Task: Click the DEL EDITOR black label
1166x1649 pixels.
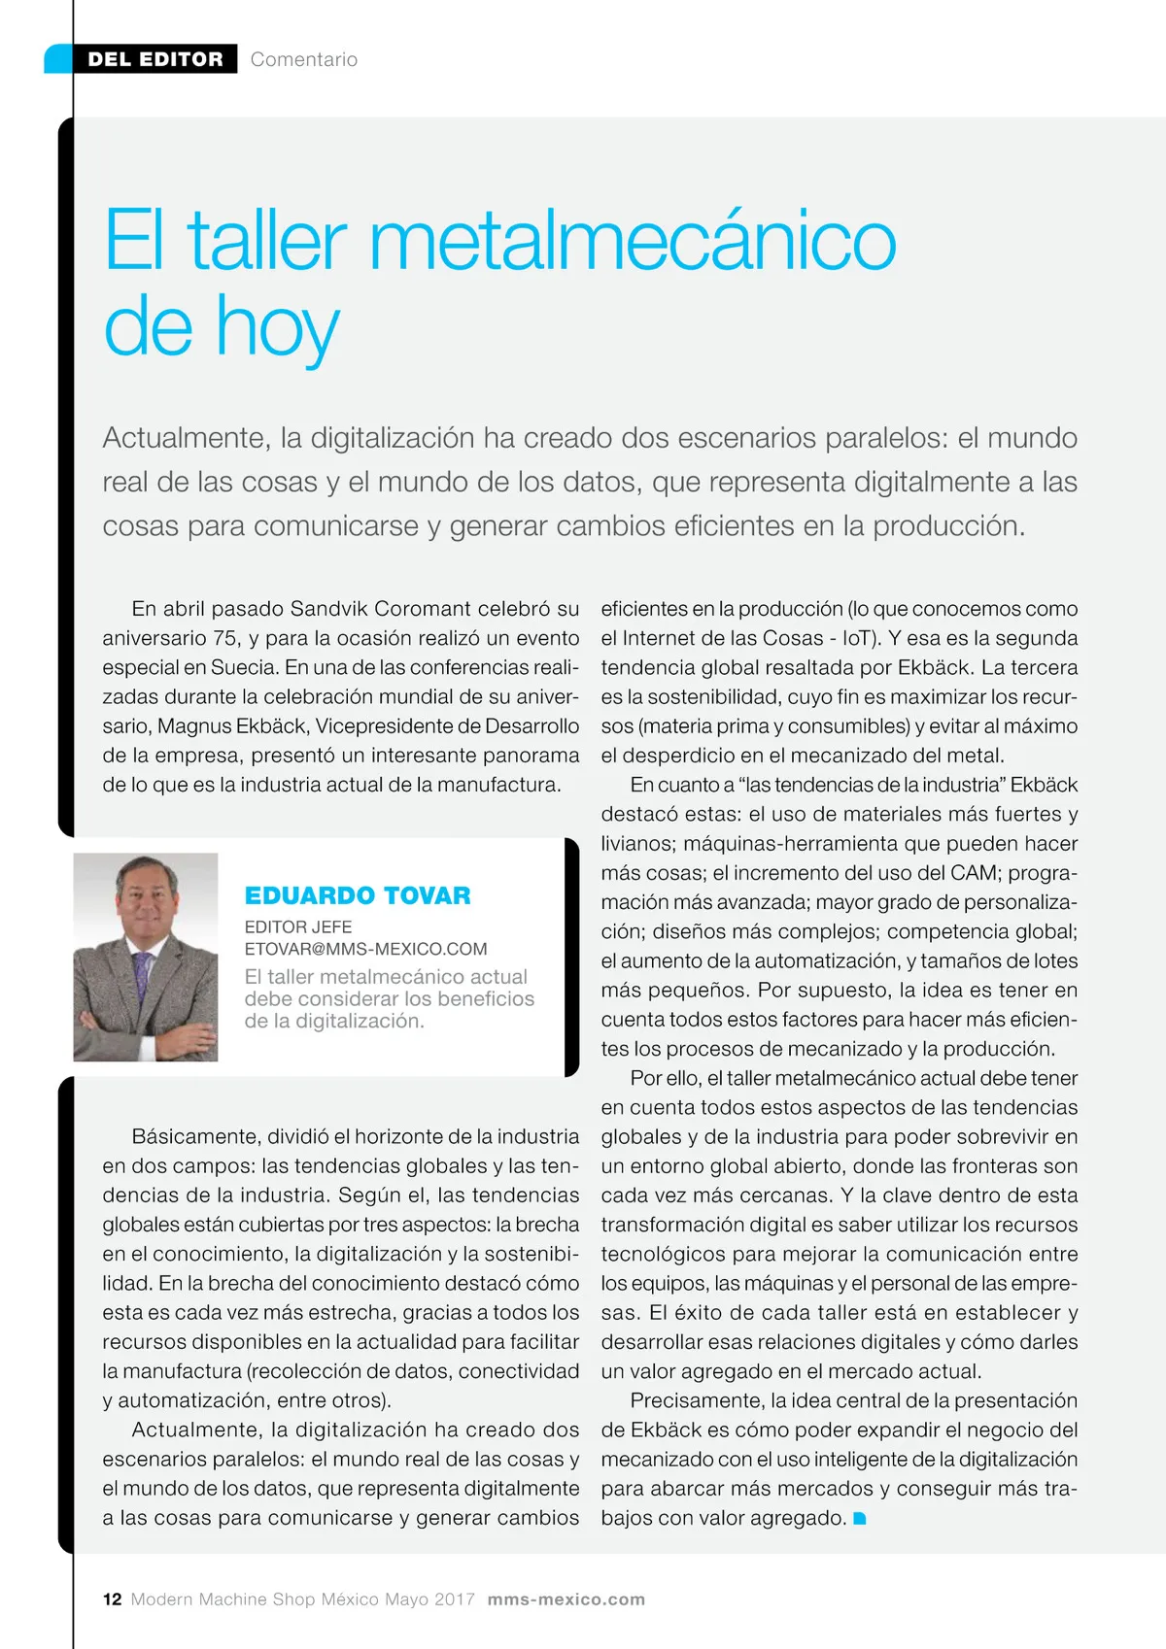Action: click(x=154, y=59)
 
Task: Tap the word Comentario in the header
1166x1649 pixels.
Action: click(x=303, y=59)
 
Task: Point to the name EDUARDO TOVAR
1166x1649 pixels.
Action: click(x=358, y=895)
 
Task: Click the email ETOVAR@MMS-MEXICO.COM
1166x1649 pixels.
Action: click(x=365, y=949)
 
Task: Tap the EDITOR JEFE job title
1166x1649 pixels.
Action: click(x=298, y=926)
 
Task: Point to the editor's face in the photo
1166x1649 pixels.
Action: click(x=147, y=902)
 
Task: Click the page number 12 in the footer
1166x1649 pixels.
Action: click(x=112, y=1599)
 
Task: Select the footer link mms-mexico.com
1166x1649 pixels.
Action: click(x=566, y=1599)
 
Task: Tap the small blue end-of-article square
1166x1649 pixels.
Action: click(x=859, y=1518)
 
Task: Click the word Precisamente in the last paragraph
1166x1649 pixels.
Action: click(x=696, y=1400)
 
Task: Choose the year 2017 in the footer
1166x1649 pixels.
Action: click(x=455, y=1599)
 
